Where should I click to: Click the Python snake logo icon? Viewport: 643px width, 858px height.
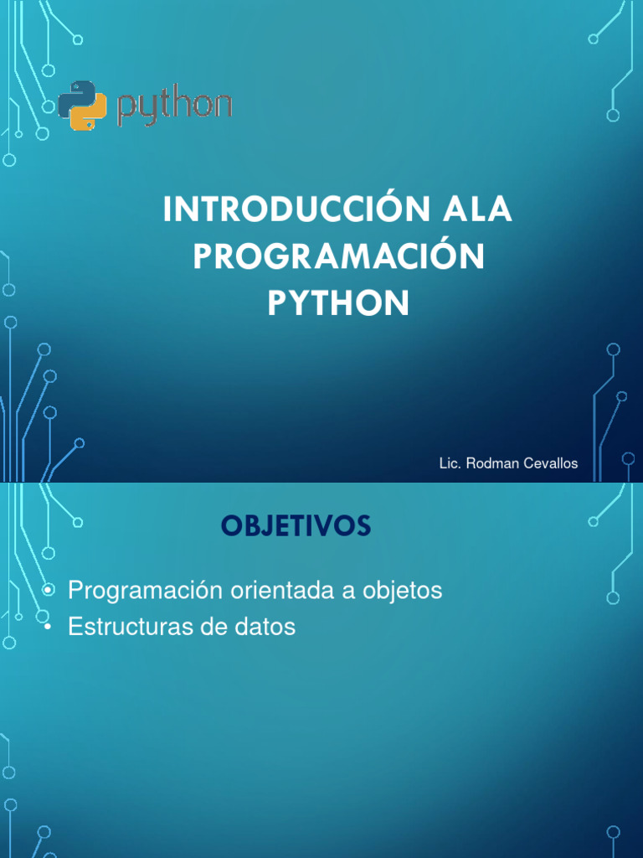click(x=83, y=106)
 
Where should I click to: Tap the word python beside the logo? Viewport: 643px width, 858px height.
click(x=174, y=107)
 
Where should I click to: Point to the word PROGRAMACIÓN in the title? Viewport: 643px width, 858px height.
click(x=338, y=257)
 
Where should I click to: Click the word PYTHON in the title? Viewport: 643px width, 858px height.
click(x=338, y=304)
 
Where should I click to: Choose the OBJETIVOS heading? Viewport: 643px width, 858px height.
click(x=296, y=526)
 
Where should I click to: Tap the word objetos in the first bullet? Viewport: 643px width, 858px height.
click(x=402, y=590)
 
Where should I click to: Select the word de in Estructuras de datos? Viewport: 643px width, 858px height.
click(x=220, y=627)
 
